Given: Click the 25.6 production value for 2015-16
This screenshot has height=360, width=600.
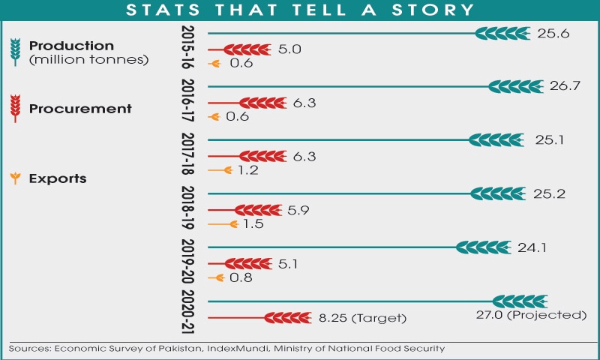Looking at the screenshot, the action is [x=553, y=34].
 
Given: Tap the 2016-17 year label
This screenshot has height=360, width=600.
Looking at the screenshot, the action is [x=187, y=100].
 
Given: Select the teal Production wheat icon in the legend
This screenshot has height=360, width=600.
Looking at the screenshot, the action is [x=15, y=52].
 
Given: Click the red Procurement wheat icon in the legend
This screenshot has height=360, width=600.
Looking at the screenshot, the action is [x=15, y=108].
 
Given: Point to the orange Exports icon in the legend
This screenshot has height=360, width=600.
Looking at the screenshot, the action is [x=15, y=178].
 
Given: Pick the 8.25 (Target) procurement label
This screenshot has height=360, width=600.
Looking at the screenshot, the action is [x=362, y=318].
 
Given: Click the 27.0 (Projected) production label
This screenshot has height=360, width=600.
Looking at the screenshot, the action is [x=531, y=315].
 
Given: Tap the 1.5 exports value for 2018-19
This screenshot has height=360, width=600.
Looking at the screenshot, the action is [x=253, y=223].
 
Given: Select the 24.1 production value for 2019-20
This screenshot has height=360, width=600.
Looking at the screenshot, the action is [x=532, y=248].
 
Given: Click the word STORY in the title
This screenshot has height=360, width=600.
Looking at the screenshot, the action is [x=433, y=10].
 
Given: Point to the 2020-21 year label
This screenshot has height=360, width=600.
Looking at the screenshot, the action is [x=187, y=312].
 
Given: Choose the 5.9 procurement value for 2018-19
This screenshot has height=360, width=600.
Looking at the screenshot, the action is [x=298, y=210].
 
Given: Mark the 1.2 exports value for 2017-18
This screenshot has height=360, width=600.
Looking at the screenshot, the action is [x=247, y=170].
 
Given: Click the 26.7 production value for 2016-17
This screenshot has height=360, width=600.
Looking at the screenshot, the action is [x=565, y=85].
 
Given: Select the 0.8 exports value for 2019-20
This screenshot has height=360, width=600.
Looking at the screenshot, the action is [x=241, y=277].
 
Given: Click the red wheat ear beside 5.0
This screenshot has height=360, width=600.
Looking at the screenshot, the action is [x=247, y=49].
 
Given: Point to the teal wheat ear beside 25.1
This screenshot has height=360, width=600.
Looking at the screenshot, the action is [x=496, y=140].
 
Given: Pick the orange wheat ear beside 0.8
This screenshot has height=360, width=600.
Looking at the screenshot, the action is [x=218, y=278].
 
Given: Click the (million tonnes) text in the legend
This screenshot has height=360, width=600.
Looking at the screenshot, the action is [x=88, y=60].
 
